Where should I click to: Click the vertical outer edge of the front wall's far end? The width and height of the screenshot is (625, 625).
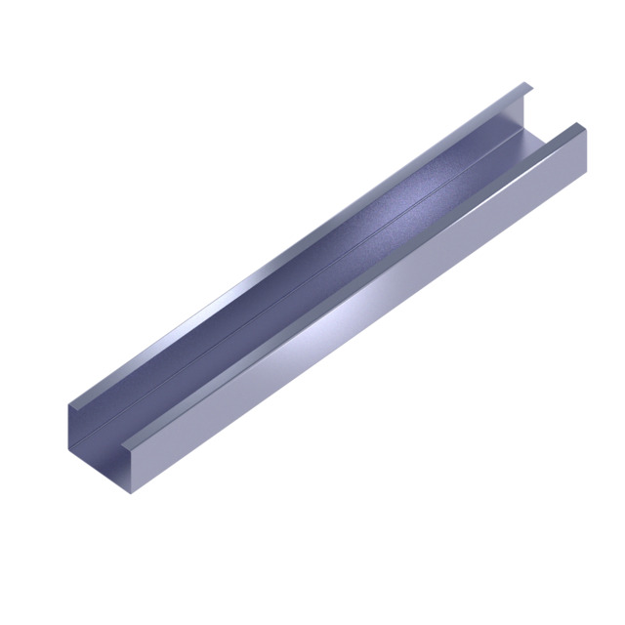(x=587, y=153)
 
